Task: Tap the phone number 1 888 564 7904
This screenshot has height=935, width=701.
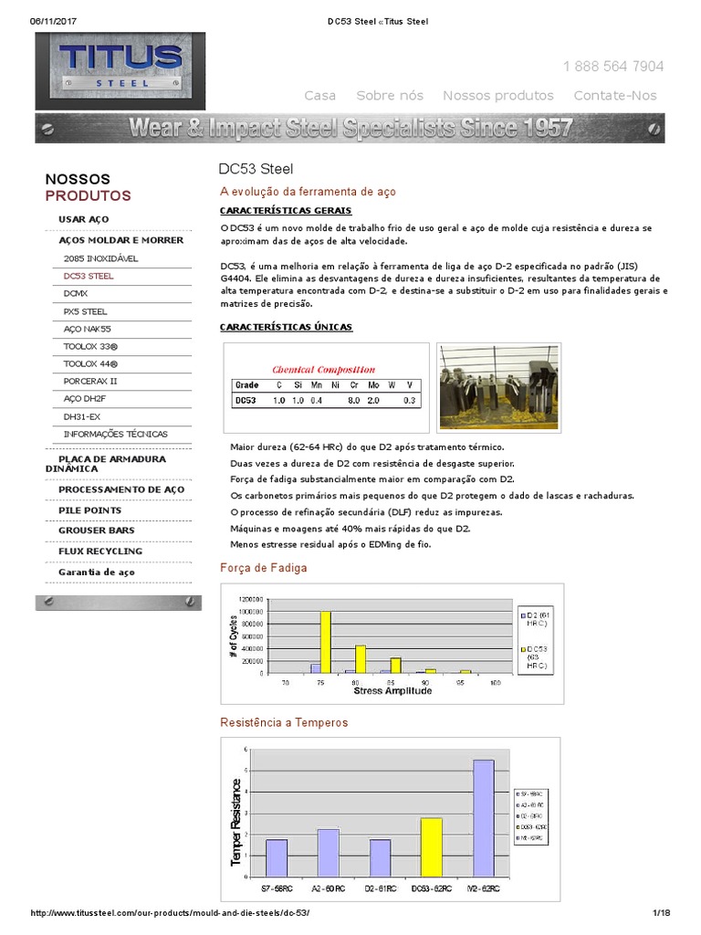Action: point(613,67)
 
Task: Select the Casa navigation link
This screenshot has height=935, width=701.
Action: point(319,96)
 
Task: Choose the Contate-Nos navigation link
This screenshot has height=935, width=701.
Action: point(614,96)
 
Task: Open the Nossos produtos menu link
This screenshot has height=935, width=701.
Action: point(497,96)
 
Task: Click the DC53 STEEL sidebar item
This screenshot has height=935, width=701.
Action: point(89,276)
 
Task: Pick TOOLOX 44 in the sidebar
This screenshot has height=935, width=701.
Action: point(90,363)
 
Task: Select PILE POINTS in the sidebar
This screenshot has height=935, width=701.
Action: point(89,510)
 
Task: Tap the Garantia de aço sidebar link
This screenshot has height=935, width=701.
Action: point(96,573)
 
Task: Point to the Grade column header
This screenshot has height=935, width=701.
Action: point(247,385)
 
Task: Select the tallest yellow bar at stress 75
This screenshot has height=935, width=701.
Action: point(325,642)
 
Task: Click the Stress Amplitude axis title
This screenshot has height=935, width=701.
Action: point(392,691)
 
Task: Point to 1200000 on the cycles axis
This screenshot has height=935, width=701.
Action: point(251,598)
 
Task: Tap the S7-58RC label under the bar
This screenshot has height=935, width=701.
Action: point(276,888)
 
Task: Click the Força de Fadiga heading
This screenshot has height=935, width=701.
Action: point(264,568)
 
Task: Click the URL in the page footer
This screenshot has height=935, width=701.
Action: point(177,914)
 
